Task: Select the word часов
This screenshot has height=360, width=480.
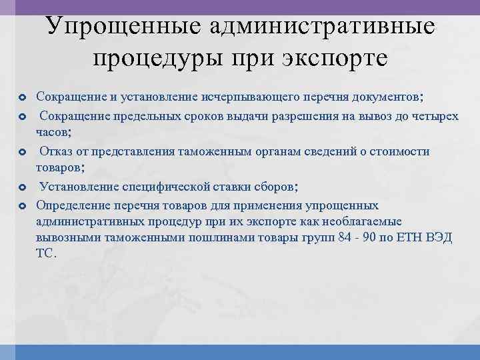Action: pyautogui.click(x=53, y=132)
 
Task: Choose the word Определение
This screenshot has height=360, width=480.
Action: pyautogui.click(x=73, y=205)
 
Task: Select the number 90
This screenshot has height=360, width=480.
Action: pyautogui.click(x=372, y=238)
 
